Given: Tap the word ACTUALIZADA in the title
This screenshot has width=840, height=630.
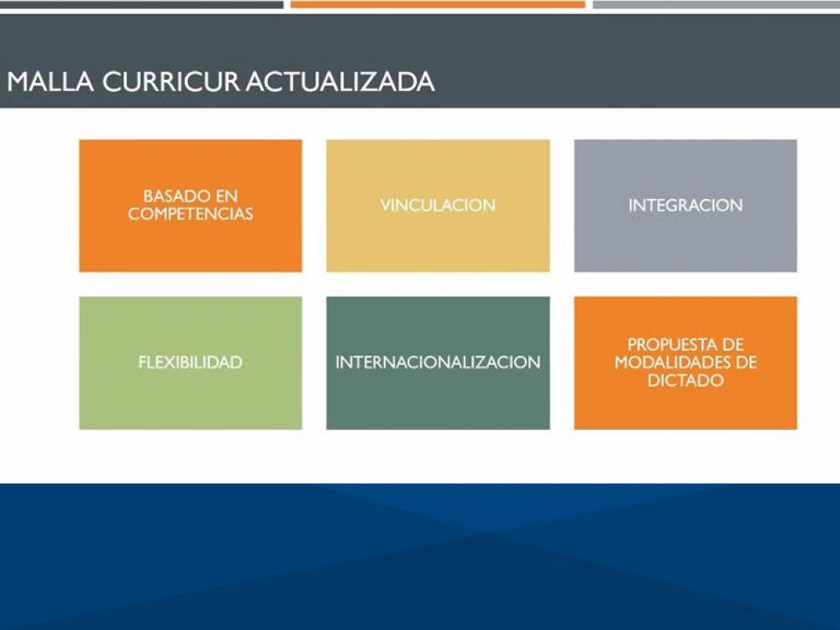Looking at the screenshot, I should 340,81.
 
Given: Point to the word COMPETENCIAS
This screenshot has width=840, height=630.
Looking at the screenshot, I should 190,214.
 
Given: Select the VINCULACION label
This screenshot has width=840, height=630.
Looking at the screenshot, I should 438,205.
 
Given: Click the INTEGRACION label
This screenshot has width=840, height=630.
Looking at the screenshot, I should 685,205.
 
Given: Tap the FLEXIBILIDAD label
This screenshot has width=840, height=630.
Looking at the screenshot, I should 190,363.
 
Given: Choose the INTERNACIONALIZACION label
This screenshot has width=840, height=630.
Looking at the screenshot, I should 438,363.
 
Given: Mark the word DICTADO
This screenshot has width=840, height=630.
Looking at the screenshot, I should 685,381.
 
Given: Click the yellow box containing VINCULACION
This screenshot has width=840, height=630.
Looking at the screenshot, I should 438,244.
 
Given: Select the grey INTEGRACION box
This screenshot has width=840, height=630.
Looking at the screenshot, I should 685,244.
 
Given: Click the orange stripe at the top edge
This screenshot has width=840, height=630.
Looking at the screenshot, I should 438,4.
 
